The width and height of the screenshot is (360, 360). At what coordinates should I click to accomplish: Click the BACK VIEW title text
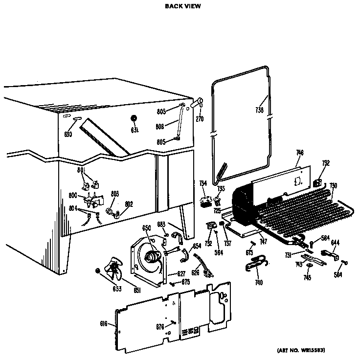click(x=182, y=6)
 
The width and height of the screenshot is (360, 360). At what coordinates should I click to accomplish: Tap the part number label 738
click(x=259, y=111)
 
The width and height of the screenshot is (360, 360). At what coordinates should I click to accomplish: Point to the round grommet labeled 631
click(x=135, y=119)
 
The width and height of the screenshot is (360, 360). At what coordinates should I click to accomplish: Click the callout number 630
click(x=68, y=135)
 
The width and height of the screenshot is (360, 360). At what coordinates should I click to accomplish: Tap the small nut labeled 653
click(x=97, y=270)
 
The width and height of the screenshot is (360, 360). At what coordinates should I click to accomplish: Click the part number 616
click(x=104, y=324)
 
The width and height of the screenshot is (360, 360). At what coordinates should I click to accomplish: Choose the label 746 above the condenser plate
click(x=300, y=153)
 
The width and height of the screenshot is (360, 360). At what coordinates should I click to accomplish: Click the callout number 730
click(x=333, y=185)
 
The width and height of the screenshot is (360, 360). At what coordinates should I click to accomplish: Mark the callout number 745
click(x=307, y=278)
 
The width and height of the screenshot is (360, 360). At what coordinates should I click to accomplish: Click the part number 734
click(x=202, y=183)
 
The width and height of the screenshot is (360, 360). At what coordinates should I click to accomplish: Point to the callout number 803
click(x=114, y=195)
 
